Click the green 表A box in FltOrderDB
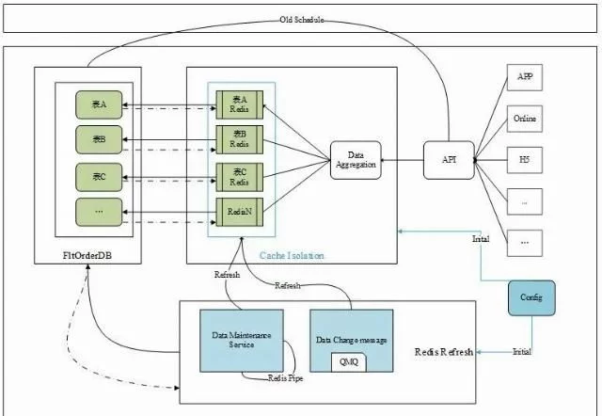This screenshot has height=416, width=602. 98,104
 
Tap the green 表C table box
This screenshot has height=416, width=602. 98,176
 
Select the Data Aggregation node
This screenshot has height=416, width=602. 354,161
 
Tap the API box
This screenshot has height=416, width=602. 449,159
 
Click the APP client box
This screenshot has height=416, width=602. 527,77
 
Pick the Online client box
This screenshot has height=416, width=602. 527,119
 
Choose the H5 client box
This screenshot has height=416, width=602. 527,159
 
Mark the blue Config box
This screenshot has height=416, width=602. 532,297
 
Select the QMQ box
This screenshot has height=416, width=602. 349,361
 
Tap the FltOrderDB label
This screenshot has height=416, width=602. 87,255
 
